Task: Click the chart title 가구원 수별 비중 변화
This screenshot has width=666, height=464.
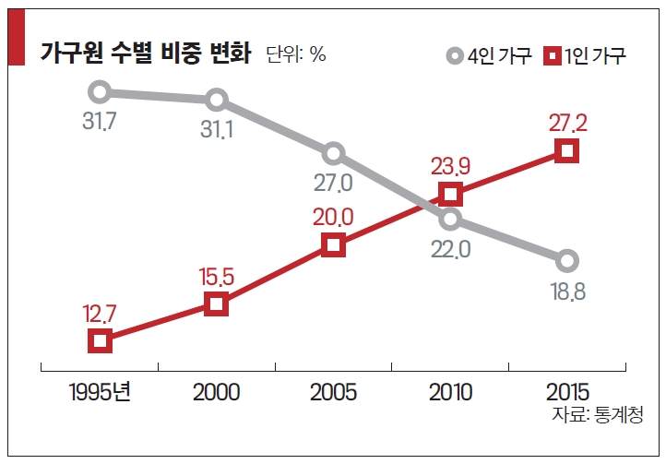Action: tap(144, 54)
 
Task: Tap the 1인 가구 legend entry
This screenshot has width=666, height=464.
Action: tap(584, 55)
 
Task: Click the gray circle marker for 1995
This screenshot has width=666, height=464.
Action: tap(101, 91)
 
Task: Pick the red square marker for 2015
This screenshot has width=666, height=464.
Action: tap(567, 151)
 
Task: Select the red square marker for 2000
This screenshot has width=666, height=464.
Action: tap(217, 303)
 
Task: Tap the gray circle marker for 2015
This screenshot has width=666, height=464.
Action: tap(567, 260)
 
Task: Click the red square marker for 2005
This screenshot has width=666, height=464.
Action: tap(334, 244)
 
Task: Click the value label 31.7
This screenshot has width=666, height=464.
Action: tap(99, 122)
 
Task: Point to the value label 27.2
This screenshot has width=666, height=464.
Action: tap(567, 122)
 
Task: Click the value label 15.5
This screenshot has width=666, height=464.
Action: tap(217, 274)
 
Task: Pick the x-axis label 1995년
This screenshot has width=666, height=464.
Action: tap(101, 392)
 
